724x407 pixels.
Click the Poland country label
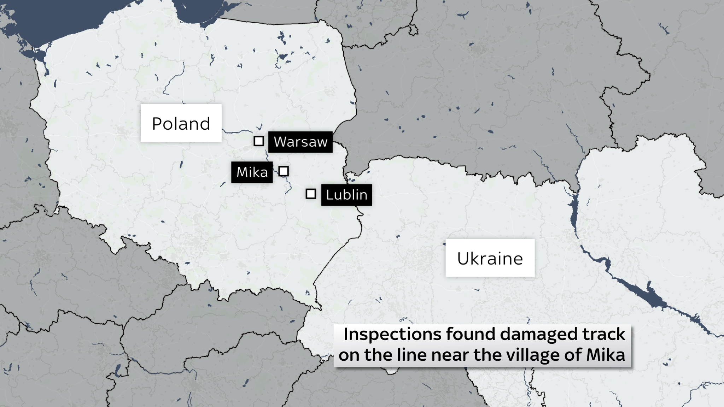(x=181, y=123)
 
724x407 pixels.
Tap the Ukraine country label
(x=490, y=258)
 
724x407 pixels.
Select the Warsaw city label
(x=300, y=142)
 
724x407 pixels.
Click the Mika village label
(x=252, y=172)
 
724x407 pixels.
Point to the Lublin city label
(x=346, y=195)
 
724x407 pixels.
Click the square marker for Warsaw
(x=259, y=141)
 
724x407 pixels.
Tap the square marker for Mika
(x=284, y=171)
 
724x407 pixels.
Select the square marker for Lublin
(x=311, y=194)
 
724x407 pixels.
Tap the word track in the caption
(x=605, y=334)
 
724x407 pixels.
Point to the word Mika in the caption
(x=606, y=355)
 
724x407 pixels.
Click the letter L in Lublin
(x=329, y=195)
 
